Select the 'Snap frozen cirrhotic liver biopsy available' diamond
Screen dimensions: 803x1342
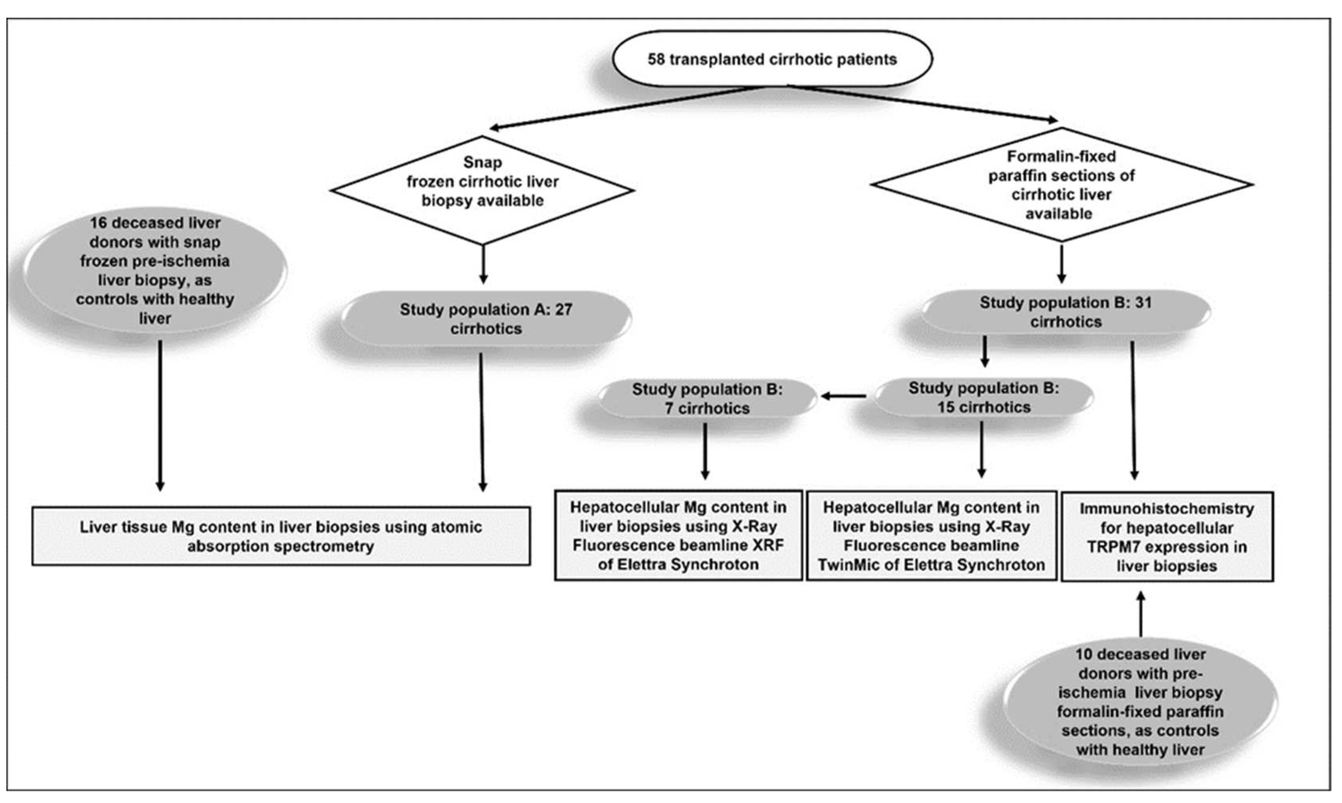(482, 189)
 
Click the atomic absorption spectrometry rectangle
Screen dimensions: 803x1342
(281, 536)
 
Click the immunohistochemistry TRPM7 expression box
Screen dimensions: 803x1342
(1166, 536)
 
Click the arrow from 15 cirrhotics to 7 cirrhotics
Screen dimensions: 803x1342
(844, 396)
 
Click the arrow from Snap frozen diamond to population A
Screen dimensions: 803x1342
(483, 264)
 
